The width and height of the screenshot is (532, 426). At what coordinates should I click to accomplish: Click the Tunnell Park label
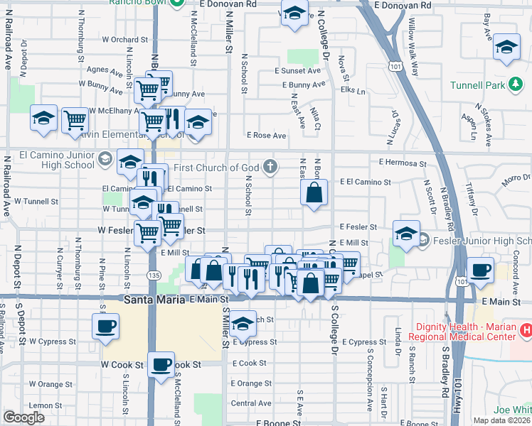coord(477,86)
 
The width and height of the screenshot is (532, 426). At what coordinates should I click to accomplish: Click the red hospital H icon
coord(526,329)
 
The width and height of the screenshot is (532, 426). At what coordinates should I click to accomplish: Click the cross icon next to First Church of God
coord(269,167)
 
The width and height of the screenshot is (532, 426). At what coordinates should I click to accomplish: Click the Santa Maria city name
coord(156,300)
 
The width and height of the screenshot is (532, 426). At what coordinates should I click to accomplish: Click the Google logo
coord(23,417)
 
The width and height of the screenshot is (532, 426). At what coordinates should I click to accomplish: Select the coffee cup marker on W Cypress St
coord(105,327)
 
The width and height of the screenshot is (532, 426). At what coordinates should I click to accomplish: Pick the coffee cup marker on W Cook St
coord(161,364)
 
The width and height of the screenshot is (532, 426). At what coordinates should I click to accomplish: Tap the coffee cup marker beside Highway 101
coord(480,271)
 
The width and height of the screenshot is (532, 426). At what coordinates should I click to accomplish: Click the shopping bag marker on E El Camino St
coord(314,192)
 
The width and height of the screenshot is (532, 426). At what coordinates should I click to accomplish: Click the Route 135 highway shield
coord(154,275)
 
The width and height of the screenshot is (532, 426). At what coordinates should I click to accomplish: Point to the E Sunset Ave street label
coord(299,71)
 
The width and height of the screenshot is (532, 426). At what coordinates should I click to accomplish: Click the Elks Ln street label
coord(353,91)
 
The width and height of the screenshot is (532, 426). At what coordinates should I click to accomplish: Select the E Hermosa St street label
coord(403,163)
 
